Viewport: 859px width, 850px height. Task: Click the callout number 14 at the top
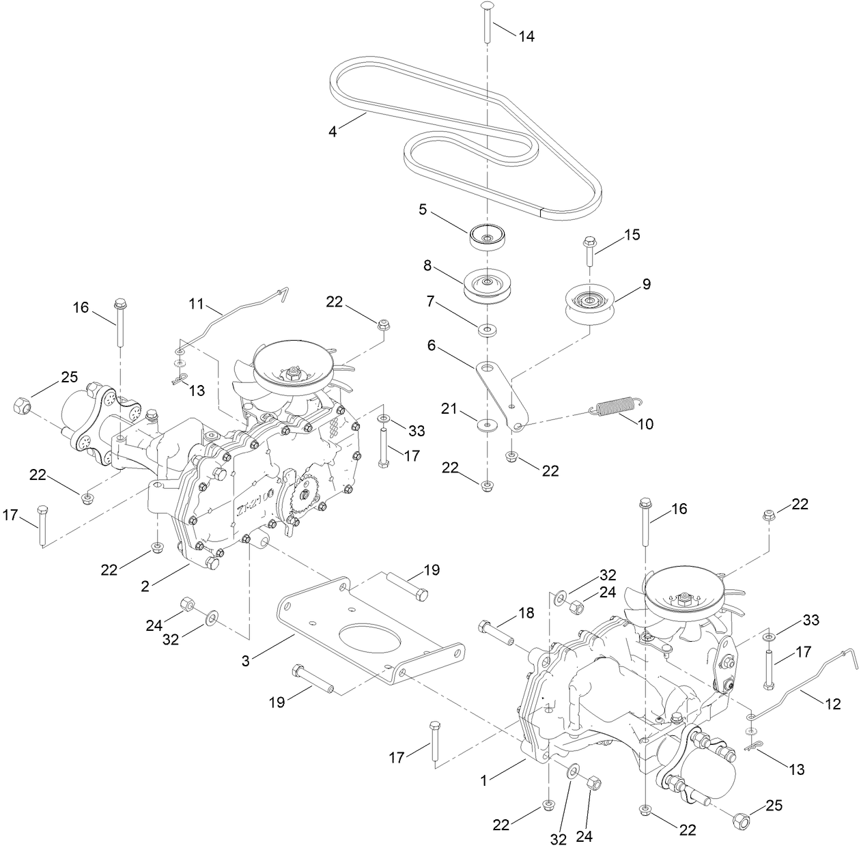(526, 37)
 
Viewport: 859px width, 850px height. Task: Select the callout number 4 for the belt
(333, 131)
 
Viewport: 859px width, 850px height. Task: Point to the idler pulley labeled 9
(591, 301)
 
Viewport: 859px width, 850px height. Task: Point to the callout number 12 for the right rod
(833, 705)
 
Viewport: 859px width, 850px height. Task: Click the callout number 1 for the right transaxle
(484, 779)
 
